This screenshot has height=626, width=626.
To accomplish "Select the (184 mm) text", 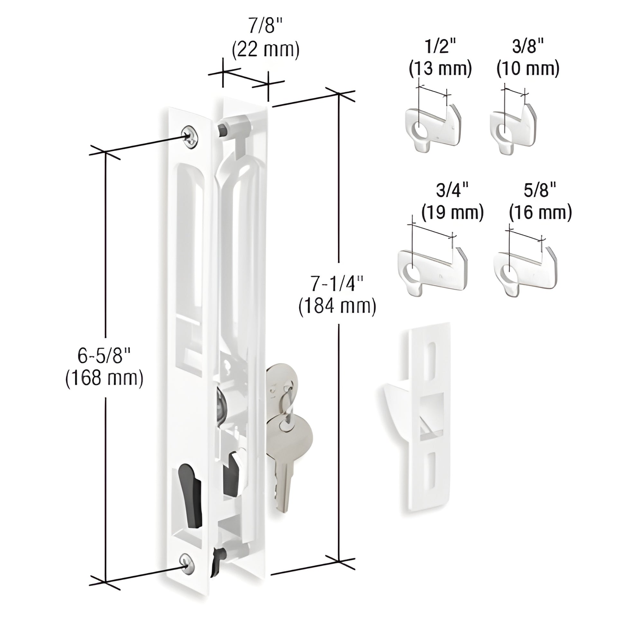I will [x=337, y=306].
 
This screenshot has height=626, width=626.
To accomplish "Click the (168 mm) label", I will [x=104, y=378].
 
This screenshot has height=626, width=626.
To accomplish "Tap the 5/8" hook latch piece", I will [x=526, y=271].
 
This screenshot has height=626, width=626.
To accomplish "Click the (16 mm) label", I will [x=540, y=213].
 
